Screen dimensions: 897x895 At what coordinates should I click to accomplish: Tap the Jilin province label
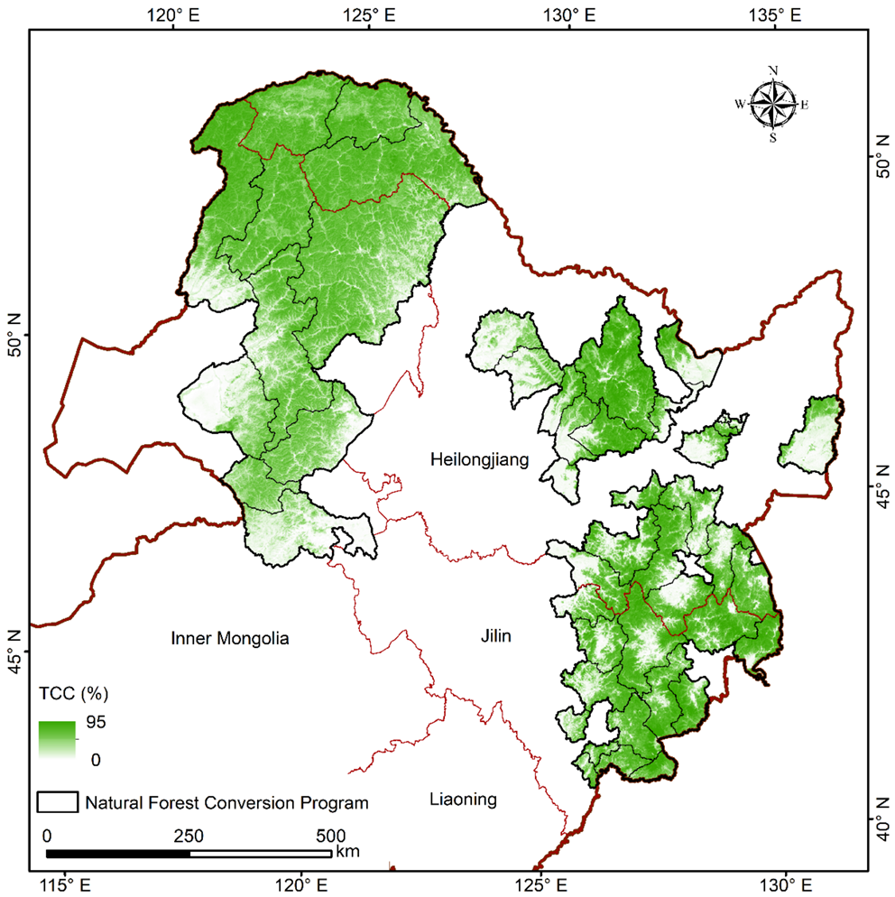(495, 637)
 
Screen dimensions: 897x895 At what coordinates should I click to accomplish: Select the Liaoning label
(463, 800)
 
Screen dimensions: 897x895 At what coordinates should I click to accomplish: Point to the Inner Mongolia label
(230, 639)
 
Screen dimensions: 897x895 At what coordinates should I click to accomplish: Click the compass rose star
(773, 103)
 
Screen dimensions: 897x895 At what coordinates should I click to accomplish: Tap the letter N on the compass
(773, 70)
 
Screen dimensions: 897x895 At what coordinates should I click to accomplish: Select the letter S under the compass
(773, 138)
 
